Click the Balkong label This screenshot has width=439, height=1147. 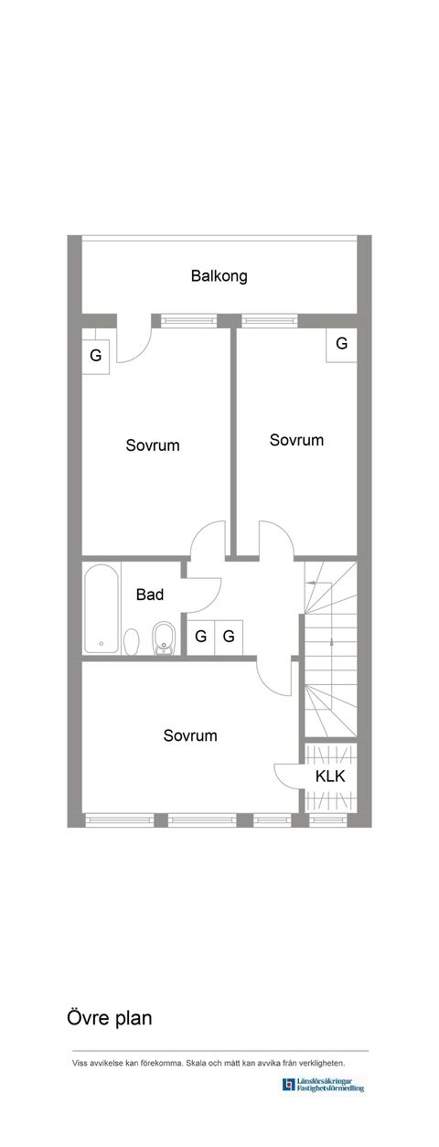point(219,276)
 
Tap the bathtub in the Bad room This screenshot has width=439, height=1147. point(102,608)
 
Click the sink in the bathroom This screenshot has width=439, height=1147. point(164,638)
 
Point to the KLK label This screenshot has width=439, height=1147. point(330,777)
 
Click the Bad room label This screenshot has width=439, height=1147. point(150,595)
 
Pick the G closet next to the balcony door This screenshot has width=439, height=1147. point(96,356)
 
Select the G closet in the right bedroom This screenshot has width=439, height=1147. point(342,343)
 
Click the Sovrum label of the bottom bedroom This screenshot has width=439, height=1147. point(190,735)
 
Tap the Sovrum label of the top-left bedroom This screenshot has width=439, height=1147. point(153,445)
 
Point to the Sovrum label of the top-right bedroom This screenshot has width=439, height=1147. point(296,440)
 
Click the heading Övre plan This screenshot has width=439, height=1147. point(110,1017)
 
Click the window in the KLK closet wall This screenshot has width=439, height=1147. point(327,820)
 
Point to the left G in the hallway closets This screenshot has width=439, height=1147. point(201,636)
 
